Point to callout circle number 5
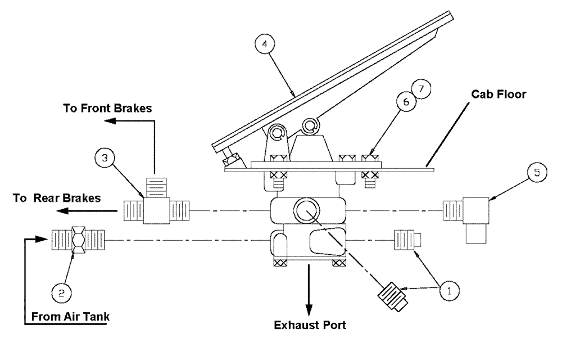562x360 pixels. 536,172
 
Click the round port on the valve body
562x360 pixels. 307,210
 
